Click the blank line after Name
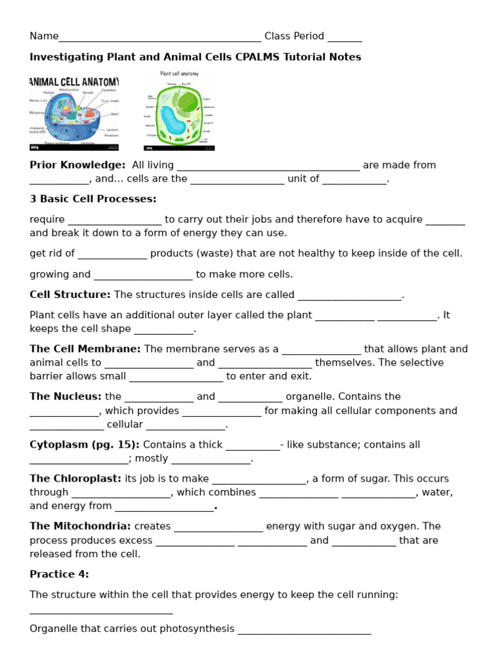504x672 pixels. click(160, 37)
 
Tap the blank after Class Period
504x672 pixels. click(345, 37)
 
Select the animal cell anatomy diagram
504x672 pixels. click(74, 111)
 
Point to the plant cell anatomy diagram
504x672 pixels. click(179, 111)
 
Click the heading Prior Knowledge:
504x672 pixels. click(77, 165)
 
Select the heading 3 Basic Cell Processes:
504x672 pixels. click(93, 199)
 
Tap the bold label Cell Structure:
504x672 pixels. click(70, 295)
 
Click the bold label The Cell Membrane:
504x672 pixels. click(85, 349)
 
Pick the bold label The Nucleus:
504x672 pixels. click(66, 396)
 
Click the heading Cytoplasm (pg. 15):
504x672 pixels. click(85, 444)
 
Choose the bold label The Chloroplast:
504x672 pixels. click(75, 478)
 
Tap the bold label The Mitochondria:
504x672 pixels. click(80, 526)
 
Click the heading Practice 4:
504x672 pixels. click(59, 574)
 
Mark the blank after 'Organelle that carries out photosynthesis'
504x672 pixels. click(304, 630)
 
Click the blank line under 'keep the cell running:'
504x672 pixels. click(101, 610)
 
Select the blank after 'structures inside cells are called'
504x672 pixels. click(349, 296)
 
